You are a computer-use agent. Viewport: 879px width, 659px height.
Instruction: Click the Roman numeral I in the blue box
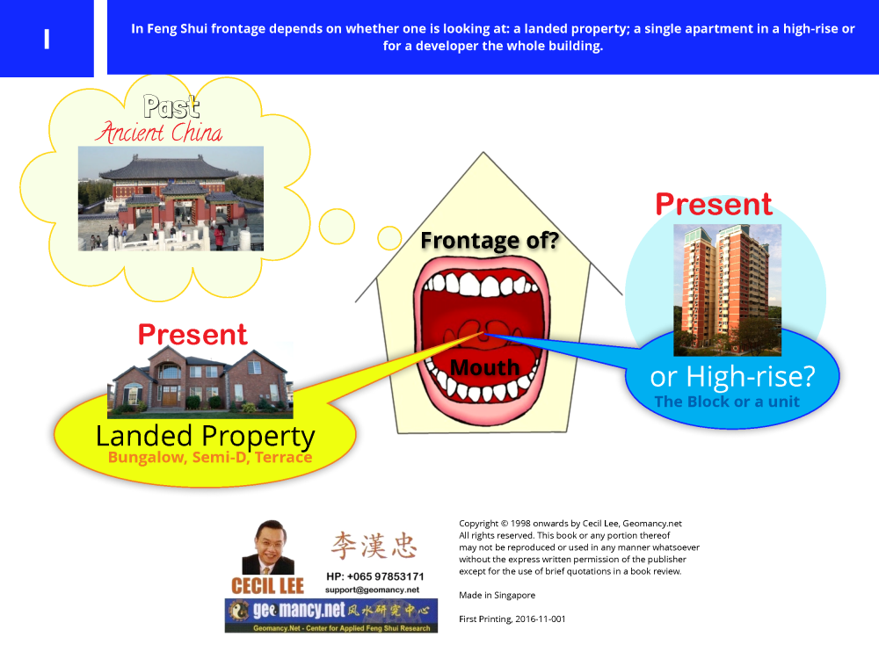pyautogui.click(x=47, y=39)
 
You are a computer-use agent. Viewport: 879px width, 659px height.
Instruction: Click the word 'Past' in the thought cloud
pyautogui.click(x=171, y=106)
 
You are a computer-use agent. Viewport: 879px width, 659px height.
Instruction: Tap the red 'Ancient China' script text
pyautogui.click(x=158, y=133)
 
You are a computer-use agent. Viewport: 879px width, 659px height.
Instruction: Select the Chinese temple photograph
pyautogui.click(x=171, y=199)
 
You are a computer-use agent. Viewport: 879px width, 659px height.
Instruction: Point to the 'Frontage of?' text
pyautogui.click(x=490, y=241)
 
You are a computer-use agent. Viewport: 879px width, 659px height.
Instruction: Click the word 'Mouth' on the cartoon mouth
pyautogui.click(x=485, y=367)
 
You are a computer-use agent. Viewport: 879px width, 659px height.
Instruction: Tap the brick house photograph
pyautogui.click(x=200, y=382)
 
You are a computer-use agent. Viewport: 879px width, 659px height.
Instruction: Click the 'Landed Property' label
pyautogui.click(x=205, y=436)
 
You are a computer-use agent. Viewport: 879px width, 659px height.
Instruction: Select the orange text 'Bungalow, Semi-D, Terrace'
pyautogui.click(x=210, y=457)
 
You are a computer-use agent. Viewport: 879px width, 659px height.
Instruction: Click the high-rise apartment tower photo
pyautogui.click(x=727, y=290)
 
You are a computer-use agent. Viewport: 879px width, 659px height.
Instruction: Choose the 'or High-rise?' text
pyautogui.click(x=732, y=377)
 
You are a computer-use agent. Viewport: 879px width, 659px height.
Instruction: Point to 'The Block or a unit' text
pyautogui.click(x=727, y=402)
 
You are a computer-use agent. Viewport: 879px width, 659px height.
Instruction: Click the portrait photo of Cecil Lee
pyautogui.click(x=268, y=547)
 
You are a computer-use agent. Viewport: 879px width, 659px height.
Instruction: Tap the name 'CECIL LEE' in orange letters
pyautogui.click(x=267, y=586)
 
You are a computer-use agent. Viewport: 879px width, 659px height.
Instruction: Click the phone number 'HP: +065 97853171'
pyautogui.click(x=375, y=576)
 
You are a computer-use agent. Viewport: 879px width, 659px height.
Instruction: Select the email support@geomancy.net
pyautogui.click(x=372, y=590)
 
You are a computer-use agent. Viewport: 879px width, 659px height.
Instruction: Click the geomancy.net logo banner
pyautogui.click(x=331, y=616)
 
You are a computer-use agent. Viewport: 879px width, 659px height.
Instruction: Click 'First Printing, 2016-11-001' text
pyautogui.click(x=512, y=619)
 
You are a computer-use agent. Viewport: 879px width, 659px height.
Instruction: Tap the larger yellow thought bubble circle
pyautogui.click(x=337, y=227)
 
